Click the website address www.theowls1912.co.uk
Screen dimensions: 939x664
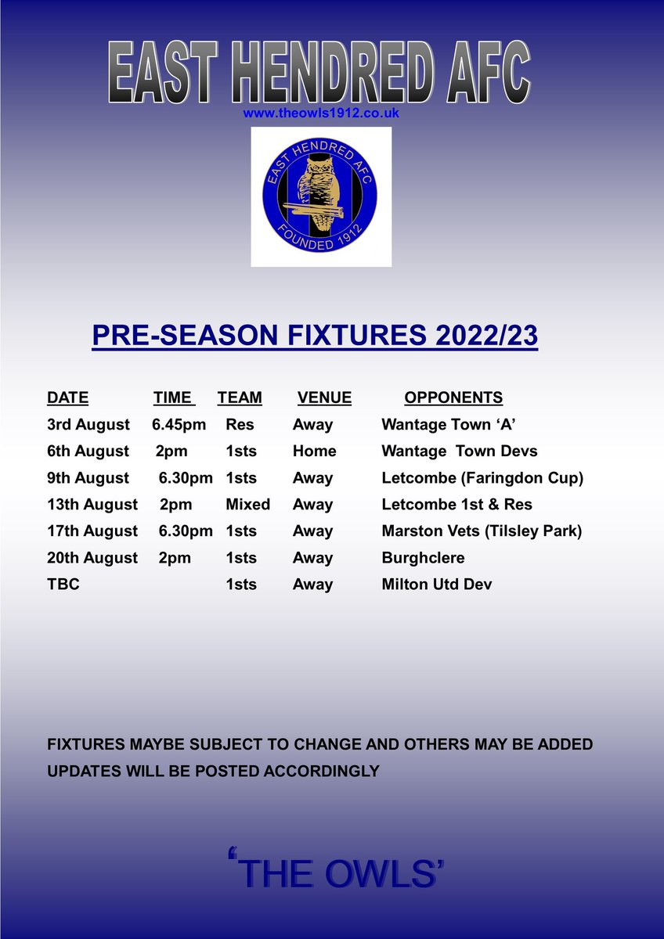pos(322,113)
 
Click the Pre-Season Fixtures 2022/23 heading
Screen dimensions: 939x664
pos(315,336)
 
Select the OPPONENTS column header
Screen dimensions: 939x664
pos(453,398)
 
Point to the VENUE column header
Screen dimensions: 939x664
pos(324,398)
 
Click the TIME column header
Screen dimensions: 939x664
pos(173,398)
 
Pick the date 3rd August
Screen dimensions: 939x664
pos(88,425)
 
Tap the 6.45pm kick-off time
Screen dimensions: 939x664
pos(182,425)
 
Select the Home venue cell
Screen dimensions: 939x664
pos(314,452)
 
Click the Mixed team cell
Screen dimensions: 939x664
pos(247,505)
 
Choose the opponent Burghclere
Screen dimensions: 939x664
pos(423,558)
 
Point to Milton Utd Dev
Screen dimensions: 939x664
pos(437,585)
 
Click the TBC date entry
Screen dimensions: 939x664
pos(63,585)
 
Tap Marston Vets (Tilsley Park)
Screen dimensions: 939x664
pos(482,531)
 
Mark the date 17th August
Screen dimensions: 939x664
pos(92,531)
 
